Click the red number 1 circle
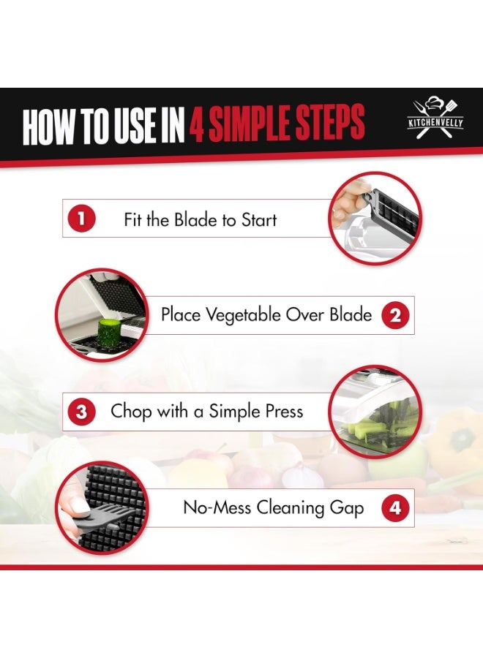point(81,219)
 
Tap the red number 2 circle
point(395,316)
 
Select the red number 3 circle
point(81,412)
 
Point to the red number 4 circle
point(395,508)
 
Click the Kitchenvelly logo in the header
point(435,118)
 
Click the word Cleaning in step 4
point(291,508)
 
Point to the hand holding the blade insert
point(351,203)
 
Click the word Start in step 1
point(259,220)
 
